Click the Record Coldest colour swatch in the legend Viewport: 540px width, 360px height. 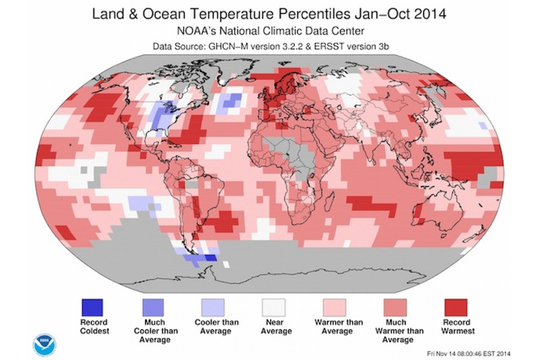(x=93, y=307)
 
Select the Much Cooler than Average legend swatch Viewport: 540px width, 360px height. (x=153, y=307)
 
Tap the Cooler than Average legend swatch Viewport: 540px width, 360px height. (x=214, y=307)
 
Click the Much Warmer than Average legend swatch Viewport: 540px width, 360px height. (x=397, y=307)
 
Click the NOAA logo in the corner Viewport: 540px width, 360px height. (x=44, y=344)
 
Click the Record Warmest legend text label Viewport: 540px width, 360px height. (x=458, y=327)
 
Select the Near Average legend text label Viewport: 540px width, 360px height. (x=275, y=327)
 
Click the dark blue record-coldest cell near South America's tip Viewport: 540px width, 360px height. (x=209, y=258)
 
